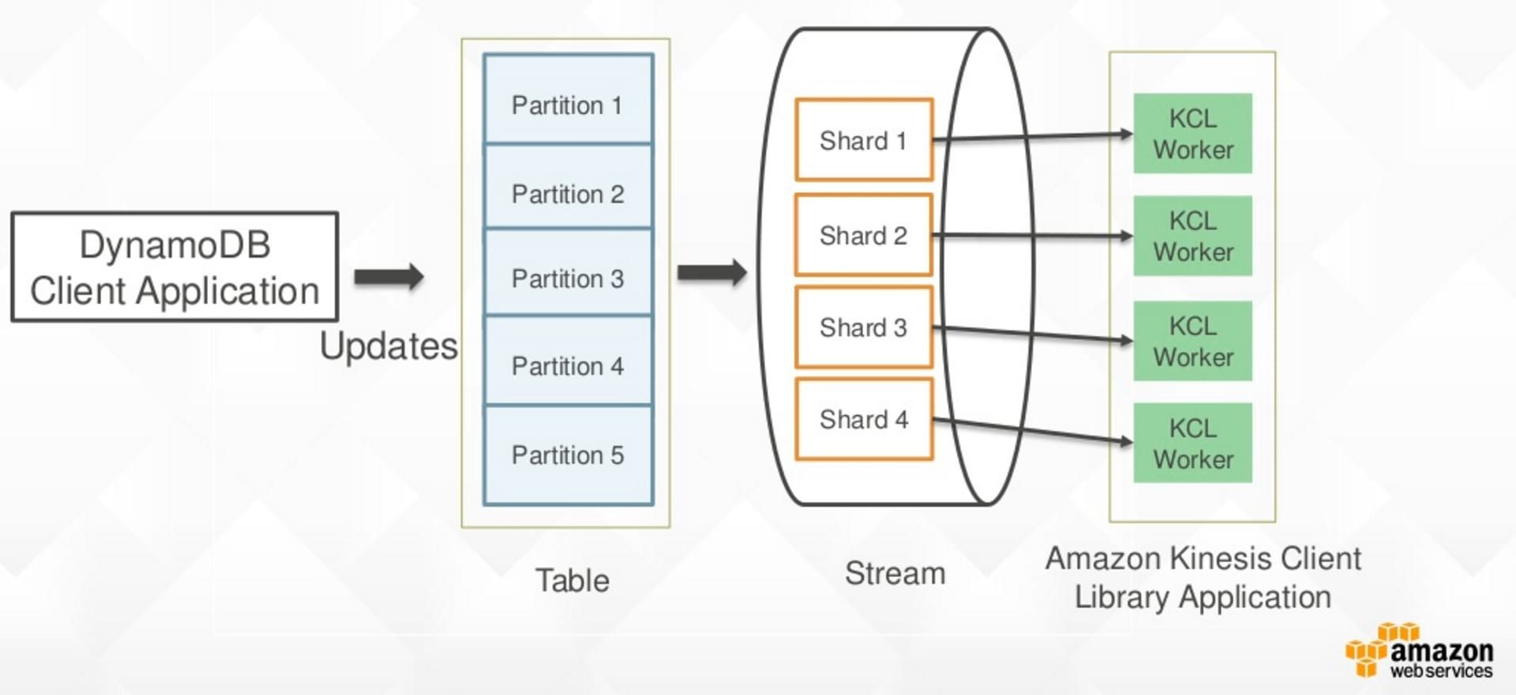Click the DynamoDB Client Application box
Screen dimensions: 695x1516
175,266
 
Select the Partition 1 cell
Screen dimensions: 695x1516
568,100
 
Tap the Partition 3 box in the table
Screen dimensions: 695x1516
568,274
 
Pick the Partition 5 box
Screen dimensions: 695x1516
568,455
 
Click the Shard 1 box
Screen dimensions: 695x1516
863,140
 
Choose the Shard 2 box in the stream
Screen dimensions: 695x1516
863,235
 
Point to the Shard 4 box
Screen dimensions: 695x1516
863,419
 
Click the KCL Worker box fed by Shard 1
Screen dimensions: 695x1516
1192,134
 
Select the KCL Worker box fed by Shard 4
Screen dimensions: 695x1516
1192,443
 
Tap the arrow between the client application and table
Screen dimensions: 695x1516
389,277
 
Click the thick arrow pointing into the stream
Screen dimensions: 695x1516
712,273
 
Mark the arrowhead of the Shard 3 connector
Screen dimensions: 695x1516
1127,341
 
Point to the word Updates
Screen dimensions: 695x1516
388,346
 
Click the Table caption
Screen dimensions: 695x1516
572,580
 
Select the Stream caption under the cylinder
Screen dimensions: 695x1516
895,573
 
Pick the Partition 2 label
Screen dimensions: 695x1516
568,195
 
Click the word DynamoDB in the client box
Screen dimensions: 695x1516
175,245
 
